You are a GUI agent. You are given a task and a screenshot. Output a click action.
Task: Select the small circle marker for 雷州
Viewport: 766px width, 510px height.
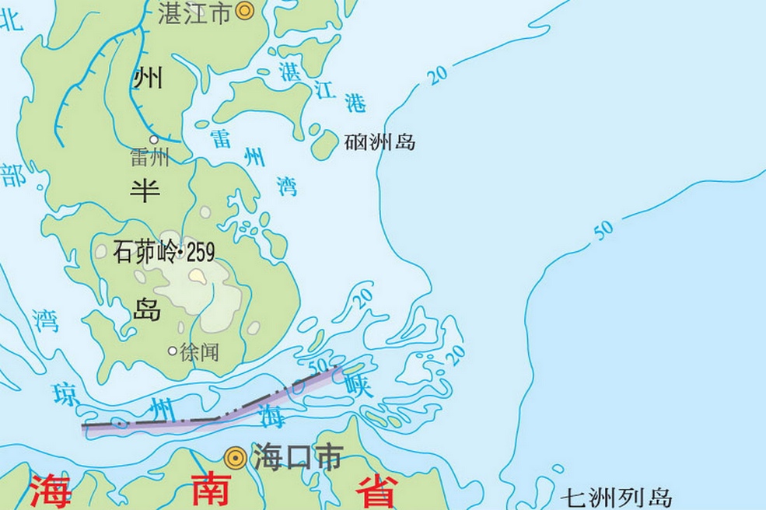point(154,140)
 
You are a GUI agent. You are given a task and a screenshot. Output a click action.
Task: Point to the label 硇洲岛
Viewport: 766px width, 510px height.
point(380,142)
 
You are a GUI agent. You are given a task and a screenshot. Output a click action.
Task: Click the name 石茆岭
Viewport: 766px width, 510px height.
point(145,250)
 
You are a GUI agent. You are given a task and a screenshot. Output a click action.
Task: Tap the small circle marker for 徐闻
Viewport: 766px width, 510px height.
point(172,351)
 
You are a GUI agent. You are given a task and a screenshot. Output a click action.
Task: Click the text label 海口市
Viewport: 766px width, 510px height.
point(296,458)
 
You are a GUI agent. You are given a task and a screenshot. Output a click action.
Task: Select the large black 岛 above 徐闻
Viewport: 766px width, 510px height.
point(146,309)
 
